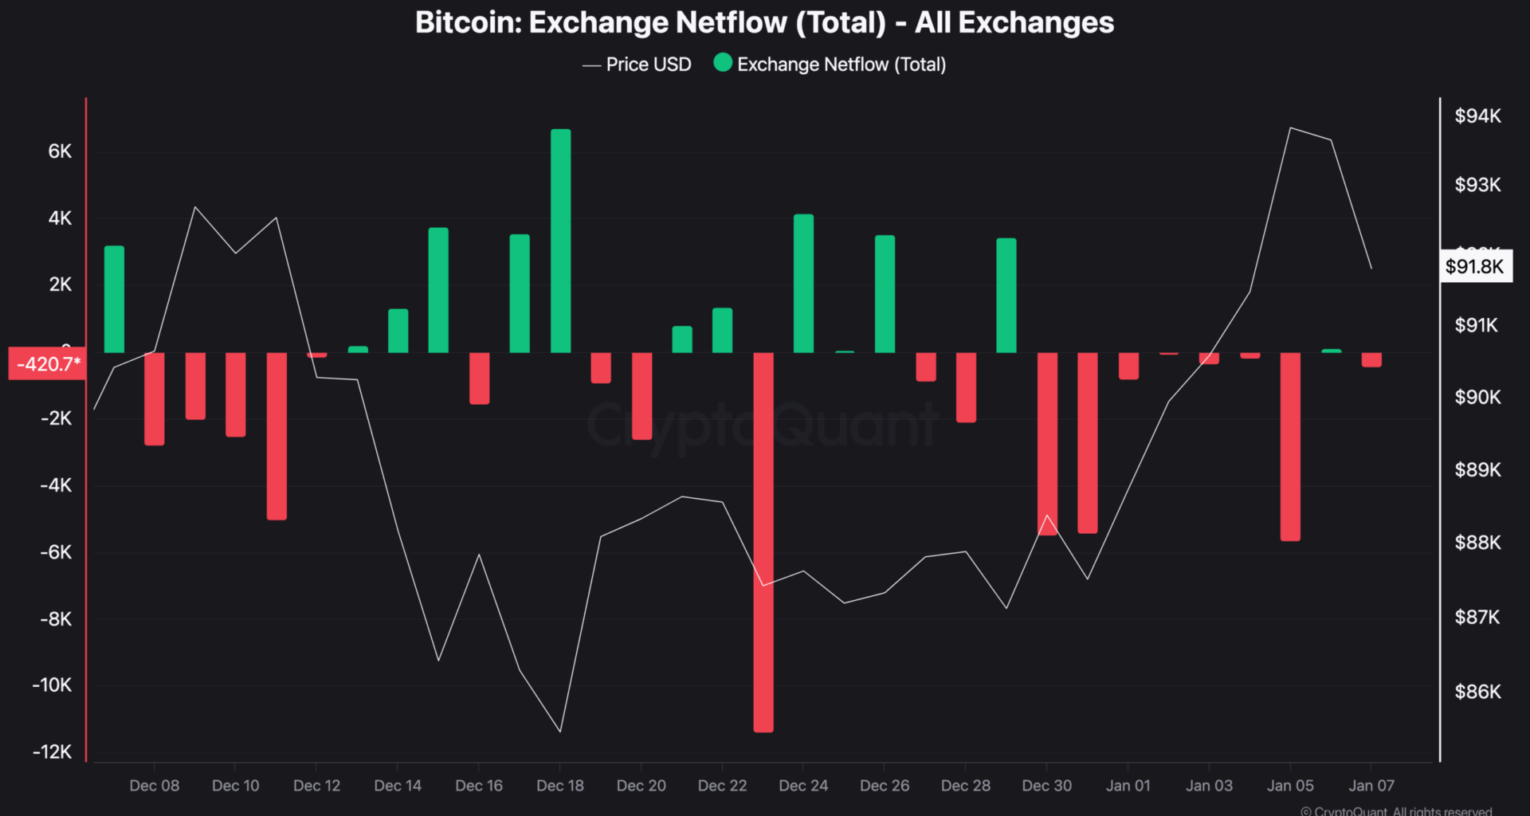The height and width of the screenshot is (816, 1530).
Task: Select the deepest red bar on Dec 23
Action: tap(763, 542)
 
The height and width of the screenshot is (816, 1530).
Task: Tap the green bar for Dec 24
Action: tap(803, 284)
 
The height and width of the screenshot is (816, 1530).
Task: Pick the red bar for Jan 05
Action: tap(1290, 446)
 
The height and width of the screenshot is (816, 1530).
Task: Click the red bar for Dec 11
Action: tap(277, 436)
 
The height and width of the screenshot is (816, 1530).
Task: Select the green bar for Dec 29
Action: tap(1006, 296)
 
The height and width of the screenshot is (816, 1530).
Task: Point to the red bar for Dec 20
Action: tap(641, 396)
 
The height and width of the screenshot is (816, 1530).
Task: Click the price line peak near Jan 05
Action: tap(1290, 128)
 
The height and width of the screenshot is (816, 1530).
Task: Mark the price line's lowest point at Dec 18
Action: tap(560, 731)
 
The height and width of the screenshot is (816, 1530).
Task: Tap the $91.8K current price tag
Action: tap(1474, 266)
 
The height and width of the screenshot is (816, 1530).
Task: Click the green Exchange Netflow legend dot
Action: tap(723, 63)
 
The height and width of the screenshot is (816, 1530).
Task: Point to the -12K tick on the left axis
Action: tap(53, 751)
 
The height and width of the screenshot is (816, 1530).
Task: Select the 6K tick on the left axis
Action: tap(60, 151)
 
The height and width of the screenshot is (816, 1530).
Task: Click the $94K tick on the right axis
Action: tap(1477, 116)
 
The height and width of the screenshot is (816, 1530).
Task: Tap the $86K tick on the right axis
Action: tap(1477, 692)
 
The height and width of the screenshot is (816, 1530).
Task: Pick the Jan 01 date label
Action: tap(1128, 786)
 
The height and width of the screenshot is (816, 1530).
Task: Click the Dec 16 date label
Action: tap(479, 786)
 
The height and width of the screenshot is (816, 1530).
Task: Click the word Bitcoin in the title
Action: tap(467, 22)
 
